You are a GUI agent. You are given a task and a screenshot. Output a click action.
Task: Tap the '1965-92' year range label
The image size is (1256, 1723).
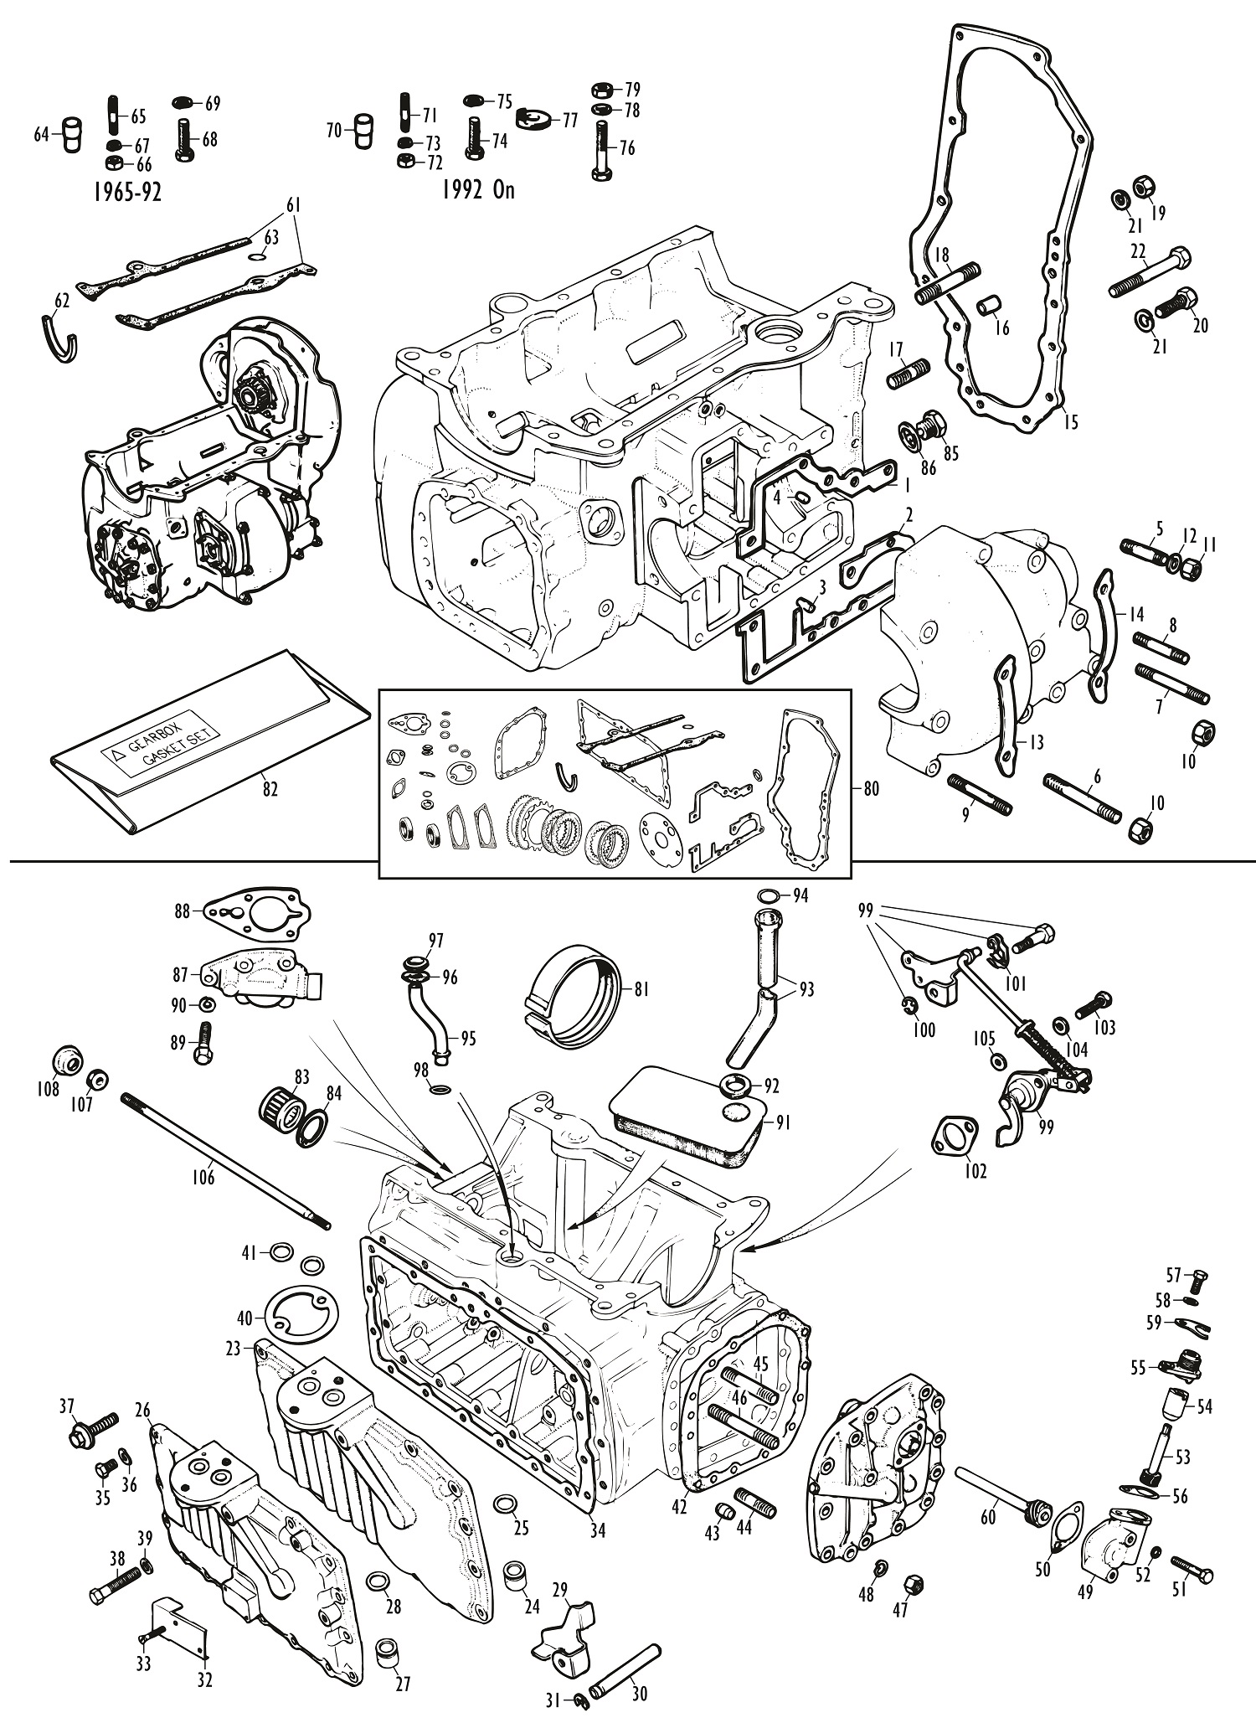[125, 192]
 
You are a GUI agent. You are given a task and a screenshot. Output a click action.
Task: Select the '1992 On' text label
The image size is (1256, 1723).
[478, 190]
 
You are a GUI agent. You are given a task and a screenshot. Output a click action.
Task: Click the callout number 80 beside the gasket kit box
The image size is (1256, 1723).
[871, 789]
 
